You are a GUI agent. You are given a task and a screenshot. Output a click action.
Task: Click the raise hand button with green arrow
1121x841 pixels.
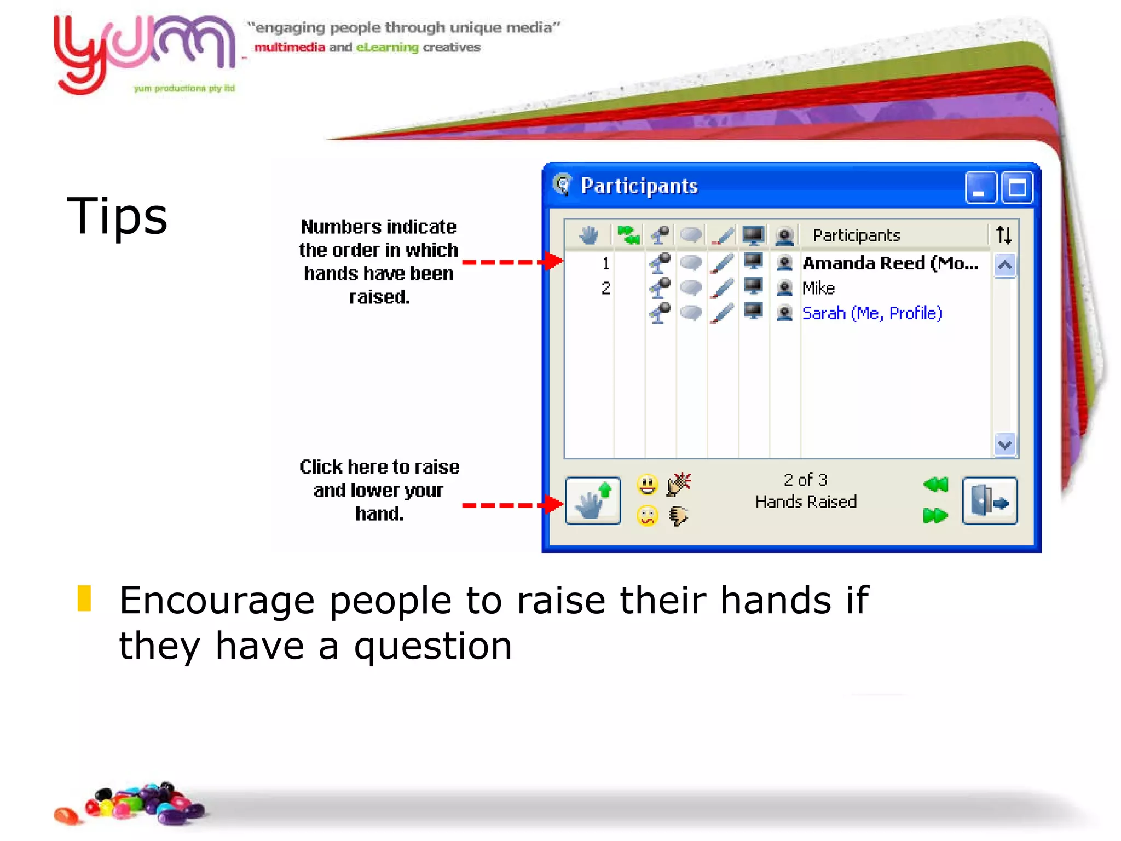click(593, 501)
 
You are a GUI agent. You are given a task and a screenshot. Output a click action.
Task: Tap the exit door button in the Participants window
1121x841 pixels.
click(990, 501)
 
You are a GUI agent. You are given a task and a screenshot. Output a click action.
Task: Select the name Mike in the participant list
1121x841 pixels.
click(818, 288)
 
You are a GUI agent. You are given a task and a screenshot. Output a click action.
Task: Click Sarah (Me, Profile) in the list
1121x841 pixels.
click(872, 313)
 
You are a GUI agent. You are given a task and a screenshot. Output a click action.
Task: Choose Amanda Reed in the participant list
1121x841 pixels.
click(889, 263)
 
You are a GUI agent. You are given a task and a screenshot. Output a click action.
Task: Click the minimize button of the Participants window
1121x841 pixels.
click(980, 188)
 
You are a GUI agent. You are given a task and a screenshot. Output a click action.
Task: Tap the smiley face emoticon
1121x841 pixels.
click(647, 485)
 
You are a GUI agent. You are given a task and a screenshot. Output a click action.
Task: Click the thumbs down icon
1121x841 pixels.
click(679, 516)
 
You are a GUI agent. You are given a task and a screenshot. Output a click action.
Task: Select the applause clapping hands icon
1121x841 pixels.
click(679, 485)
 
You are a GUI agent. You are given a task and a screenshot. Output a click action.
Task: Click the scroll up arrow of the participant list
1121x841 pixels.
click(1004, 266)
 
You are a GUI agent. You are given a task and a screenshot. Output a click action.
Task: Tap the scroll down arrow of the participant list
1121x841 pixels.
click(1004, 445)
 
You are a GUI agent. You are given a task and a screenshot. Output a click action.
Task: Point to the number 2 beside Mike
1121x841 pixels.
click(606, 288)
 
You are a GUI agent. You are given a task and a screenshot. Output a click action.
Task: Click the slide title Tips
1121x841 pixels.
click(117, 216)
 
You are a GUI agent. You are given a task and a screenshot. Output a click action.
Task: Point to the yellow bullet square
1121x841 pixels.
click(84, 598)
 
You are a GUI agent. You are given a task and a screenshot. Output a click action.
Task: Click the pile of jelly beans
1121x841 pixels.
click(131, 804)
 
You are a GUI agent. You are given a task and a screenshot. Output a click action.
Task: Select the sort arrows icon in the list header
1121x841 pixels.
click(1004, 235)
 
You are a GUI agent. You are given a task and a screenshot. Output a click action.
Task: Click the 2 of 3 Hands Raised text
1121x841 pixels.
click(806, 491)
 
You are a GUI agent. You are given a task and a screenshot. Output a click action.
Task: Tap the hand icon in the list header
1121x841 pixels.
click(589, 235)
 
